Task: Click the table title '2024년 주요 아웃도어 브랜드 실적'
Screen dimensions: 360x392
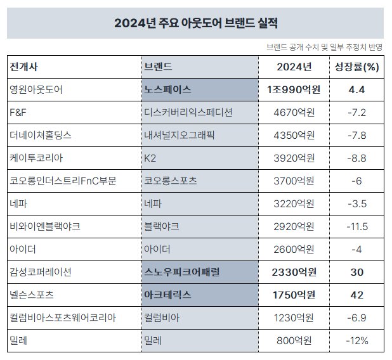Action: tap(195, 23)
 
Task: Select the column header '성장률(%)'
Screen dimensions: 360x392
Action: tap(356, 67)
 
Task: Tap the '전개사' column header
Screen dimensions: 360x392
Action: tap(23, 67)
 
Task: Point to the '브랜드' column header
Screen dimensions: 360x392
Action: tap(159, 67)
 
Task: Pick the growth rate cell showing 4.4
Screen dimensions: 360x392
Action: tap(356, 89)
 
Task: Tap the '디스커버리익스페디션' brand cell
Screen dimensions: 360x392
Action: tap(188, 112)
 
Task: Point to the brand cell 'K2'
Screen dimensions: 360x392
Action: tap(151, 158)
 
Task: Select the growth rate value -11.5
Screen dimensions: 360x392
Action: tap(356, 226)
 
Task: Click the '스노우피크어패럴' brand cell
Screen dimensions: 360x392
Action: tap(183, 272)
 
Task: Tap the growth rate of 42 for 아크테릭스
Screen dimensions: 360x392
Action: tap(356, 295)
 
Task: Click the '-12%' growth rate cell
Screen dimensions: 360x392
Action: tap(356, 340)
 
